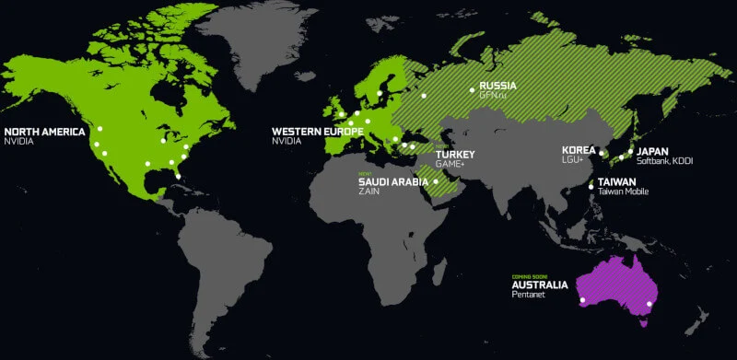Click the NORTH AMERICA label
(43, 132)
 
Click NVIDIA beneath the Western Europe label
(287, 143)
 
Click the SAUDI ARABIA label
(393, 181)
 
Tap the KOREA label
(579, 149)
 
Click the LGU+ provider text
(573, 159)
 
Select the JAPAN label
(652, 151)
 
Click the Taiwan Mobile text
(624, 192)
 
